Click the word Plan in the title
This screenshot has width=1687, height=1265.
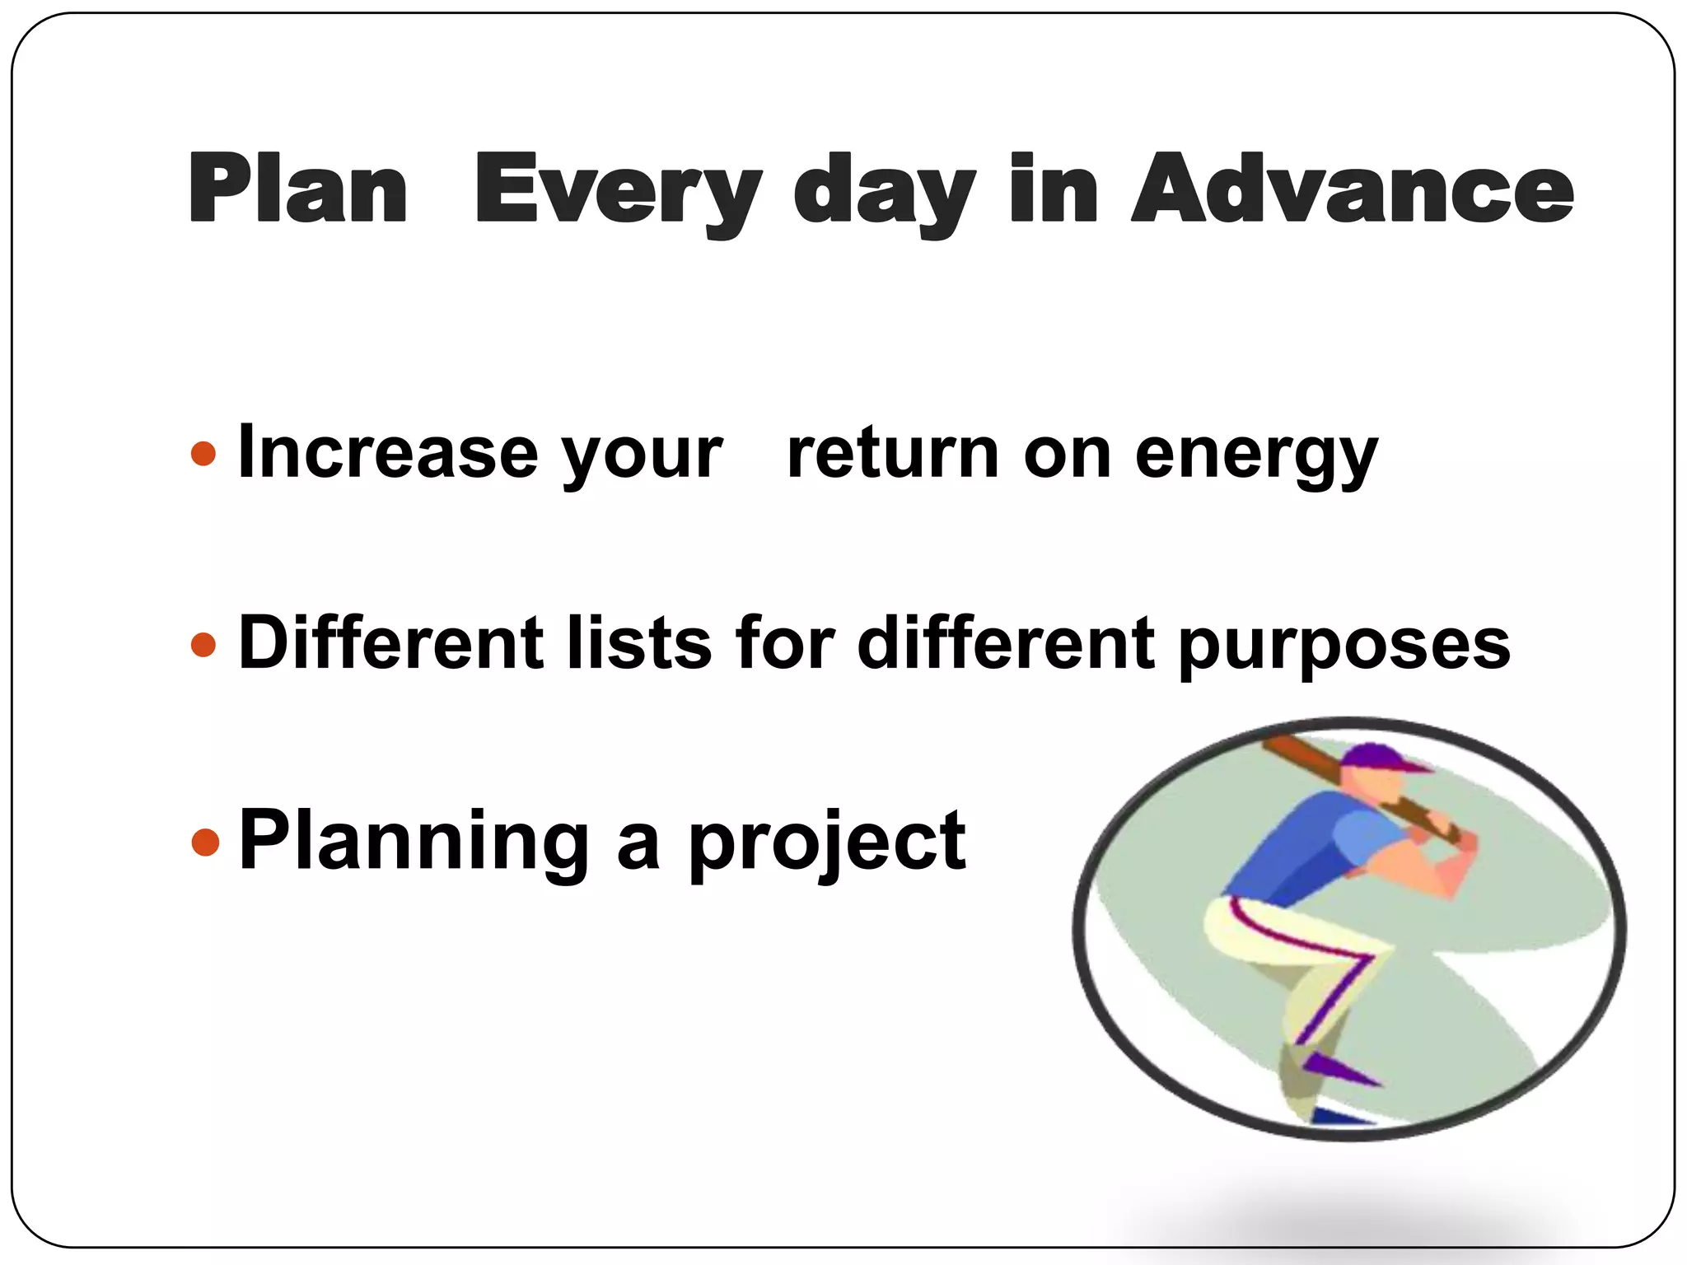click(x=298, y=189)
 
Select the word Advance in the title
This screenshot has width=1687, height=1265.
click(x=1353, y=189)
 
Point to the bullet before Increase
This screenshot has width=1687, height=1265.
click(x=203, y=454)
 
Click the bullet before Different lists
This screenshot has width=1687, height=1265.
click(x=203, y=644)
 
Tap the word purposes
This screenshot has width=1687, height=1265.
click(x=1344, y=647)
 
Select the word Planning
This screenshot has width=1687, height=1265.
click(x=414, y=842)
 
